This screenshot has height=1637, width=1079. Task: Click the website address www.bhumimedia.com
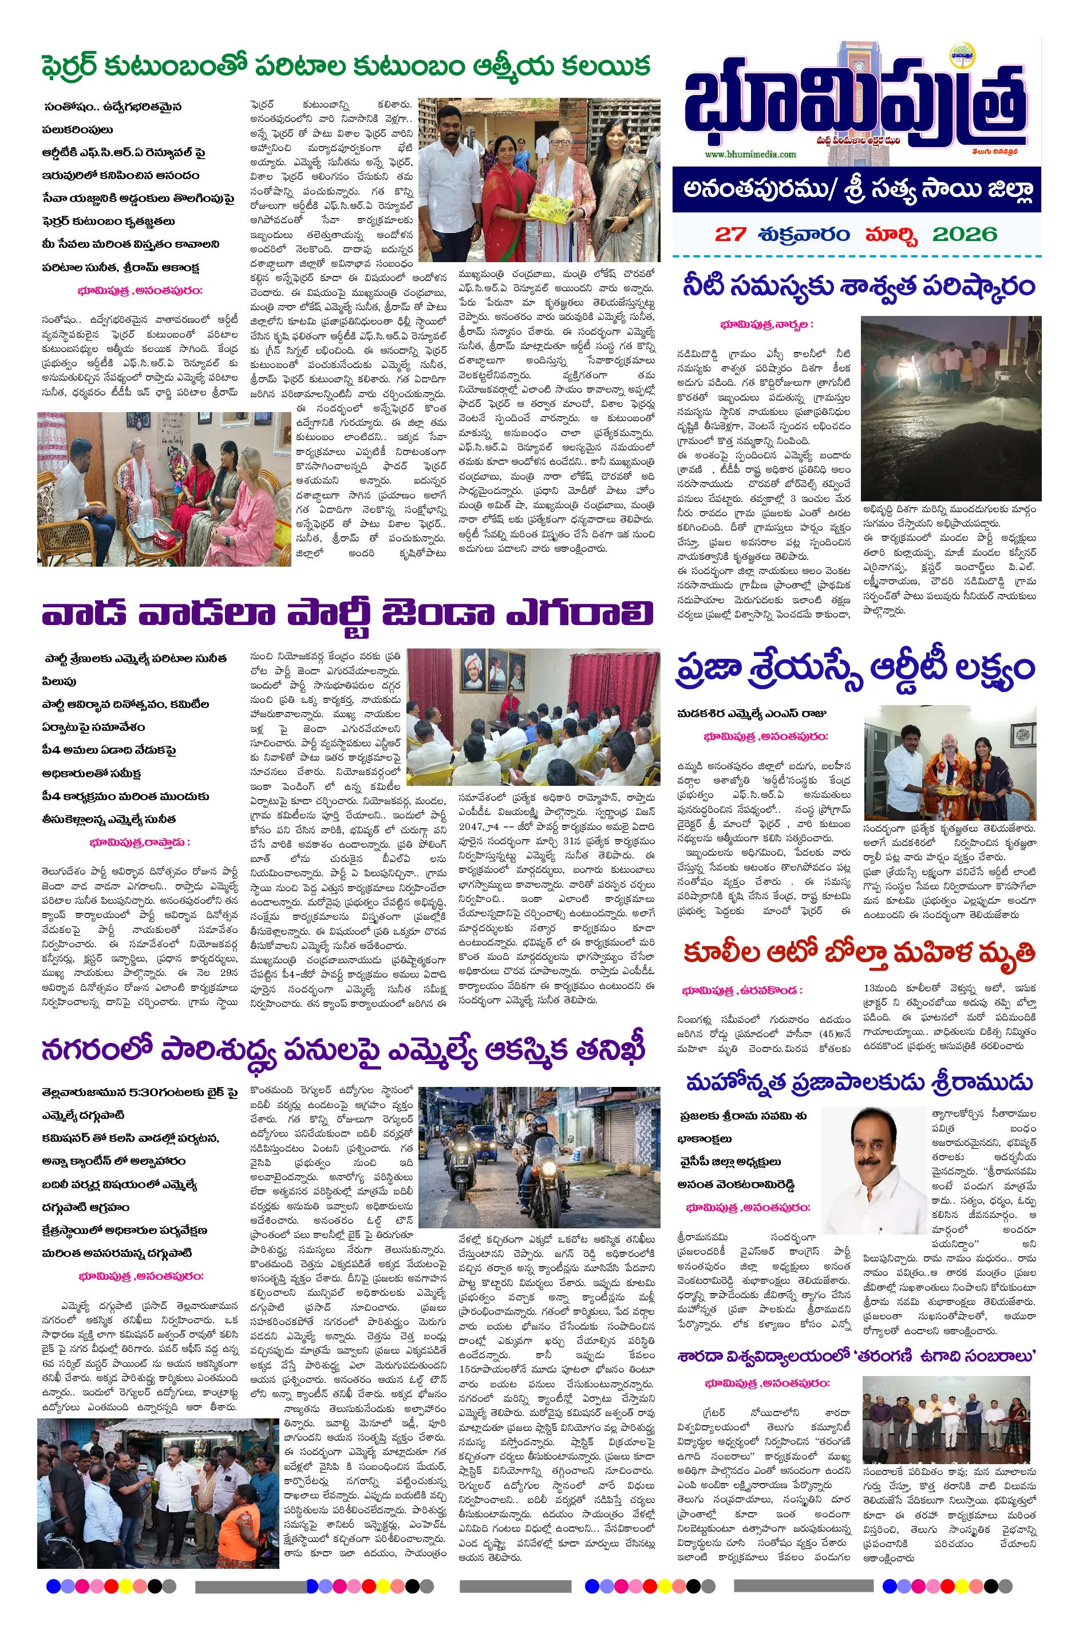[750, 154]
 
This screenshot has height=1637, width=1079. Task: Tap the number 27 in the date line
[729, 234]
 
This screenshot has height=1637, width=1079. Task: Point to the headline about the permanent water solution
[858, 286]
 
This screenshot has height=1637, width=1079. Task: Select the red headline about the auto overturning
[858, 954]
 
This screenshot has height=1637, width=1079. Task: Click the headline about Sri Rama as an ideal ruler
[859, 1082]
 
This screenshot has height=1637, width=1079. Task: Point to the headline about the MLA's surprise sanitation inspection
[344, 1051]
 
